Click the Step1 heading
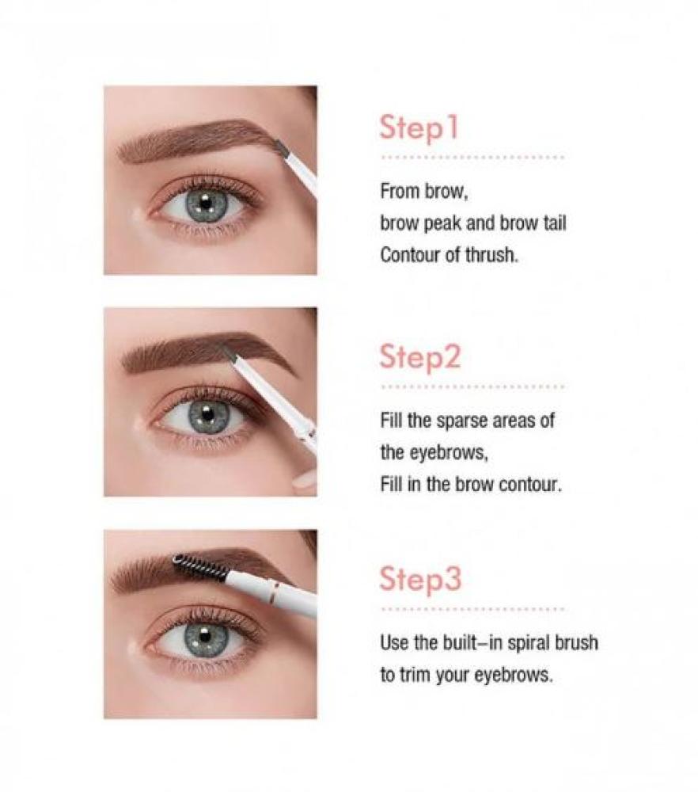(419, 128)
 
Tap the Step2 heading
(420, 357)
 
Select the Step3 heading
(420, 578)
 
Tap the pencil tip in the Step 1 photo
(279, 147)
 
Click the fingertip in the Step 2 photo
(305, 482)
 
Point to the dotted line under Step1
(473, 158)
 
